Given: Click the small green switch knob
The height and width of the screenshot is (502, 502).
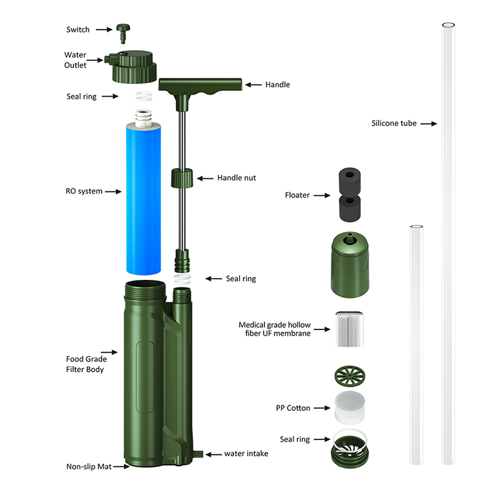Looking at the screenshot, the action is click(123, 33).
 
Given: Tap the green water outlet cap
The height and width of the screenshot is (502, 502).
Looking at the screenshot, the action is click(132, 67).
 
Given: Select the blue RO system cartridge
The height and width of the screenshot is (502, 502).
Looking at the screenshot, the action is click(144, 198).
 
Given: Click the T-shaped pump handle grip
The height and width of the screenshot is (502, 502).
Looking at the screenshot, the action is click(200, 86).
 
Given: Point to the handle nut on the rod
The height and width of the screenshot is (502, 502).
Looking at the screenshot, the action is click(182, 178).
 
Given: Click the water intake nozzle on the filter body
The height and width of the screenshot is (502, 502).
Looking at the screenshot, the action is click(198, 454).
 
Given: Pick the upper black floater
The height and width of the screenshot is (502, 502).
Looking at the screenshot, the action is click(350, 180).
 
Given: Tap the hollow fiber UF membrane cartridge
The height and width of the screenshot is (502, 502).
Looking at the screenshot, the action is click(350, 329).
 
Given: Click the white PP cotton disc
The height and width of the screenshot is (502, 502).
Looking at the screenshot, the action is click(350, 407).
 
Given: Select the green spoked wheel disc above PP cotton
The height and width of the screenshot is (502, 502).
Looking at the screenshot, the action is click(350, 375).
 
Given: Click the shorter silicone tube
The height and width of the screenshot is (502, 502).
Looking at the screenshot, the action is click(417, 344).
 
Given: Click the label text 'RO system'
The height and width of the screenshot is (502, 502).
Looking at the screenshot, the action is click(84, 191).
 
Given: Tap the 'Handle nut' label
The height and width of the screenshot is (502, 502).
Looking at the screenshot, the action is click(237, 178).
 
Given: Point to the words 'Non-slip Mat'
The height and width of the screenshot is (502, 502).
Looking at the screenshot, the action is click(89, 466).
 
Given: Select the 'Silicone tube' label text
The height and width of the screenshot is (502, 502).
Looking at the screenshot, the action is click(394, 124).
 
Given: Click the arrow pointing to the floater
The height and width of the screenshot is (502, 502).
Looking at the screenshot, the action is click(322, 195).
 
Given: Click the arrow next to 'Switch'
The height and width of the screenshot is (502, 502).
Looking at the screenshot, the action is click(104, 29).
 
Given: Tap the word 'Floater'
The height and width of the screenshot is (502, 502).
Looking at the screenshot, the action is click(297, 195).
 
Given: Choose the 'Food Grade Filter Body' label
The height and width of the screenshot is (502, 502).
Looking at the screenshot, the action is click(87, 365).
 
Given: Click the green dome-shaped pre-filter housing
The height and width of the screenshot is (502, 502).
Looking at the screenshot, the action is click(350, 265).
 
